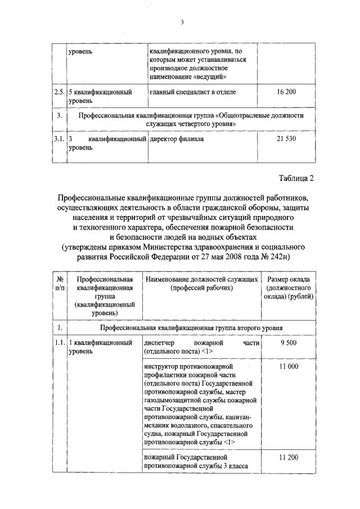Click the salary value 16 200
286,91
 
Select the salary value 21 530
286,138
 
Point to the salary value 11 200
287,458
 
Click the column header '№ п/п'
58,284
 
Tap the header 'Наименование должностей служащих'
201,280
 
